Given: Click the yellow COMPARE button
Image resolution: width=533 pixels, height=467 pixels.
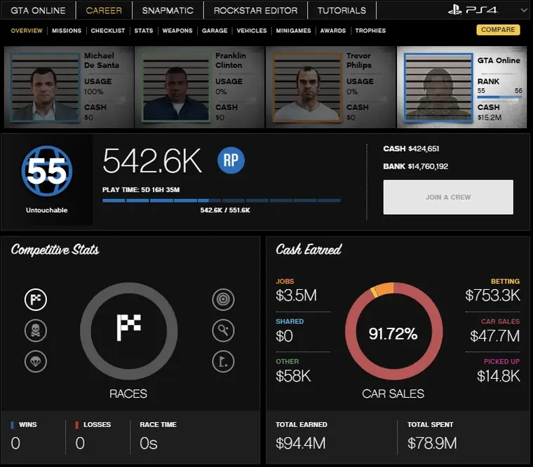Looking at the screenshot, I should pyautogui.click(x=499, y=30).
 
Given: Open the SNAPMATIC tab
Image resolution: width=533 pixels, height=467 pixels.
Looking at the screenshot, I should pyautogui.click(x=168, y=11).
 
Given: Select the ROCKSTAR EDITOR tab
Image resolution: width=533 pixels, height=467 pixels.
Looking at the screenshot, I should pyautogui.click(x=255, y=11).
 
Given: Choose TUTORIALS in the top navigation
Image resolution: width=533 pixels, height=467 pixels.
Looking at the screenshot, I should pyautogui.click(x=342, y=11).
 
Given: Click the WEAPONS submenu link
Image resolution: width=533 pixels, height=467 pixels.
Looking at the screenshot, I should pyautogui.click(x=177, y=31).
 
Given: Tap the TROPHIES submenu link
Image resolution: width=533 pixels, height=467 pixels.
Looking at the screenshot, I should pyautogui.click(x=370, y=31).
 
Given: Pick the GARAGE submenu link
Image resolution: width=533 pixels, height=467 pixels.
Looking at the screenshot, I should pyautogui.click(x=215, y=31).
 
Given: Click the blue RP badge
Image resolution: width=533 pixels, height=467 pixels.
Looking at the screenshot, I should pyautogui.click(x=229, y=160).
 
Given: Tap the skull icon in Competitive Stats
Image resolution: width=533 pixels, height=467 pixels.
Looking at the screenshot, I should pyautogui.click(x=36, y=330).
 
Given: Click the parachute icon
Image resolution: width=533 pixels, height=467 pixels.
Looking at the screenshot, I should pyautogui.click(x=36, y=361).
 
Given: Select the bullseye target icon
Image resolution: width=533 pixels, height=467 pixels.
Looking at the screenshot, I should pyautogui.click(x=223, y=300).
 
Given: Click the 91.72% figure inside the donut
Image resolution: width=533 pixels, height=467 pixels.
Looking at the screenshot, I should pyautogui.click(x=393, y=334).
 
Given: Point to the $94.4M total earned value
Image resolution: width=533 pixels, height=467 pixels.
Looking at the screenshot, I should pyautogui.click(x=301, y=443).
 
